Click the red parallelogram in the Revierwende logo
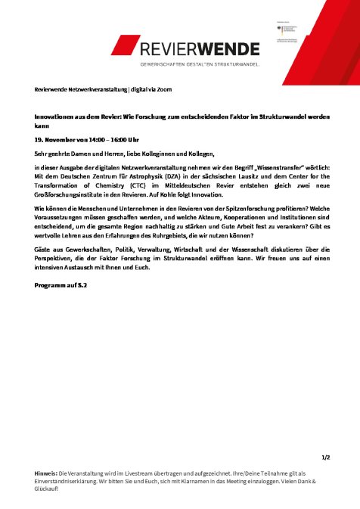click(124, 45)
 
